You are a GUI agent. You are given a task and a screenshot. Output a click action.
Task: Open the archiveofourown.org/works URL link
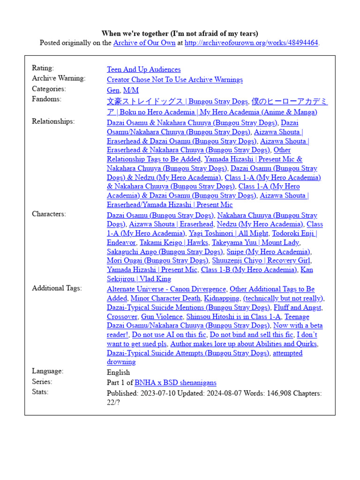click(252, 43)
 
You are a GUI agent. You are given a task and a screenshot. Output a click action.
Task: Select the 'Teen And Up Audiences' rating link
click(143, 69)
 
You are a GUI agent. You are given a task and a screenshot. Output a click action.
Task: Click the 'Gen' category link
click(113, 90)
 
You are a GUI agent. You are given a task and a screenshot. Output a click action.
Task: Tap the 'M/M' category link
click(131, 90)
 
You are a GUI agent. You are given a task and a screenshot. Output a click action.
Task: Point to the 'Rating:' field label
click(43, 68)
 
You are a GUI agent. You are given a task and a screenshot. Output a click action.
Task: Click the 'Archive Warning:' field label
click(59, 78)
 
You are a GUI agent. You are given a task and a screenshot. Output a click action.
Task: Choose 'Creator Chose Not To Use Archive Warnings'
click(174, 80)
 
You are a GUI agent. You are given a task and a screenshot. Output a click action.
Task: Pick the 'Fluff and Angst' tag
click(298, 307)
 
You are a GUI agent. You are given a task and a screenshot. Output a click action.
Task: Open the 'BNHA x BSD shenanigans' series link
click(175, 383)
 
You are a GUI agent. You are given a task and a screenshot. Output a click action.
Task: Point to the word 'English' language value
click(118, 372)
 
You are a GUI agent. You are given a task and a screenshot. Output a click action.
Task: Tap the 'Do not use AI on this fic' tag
click(169, 335)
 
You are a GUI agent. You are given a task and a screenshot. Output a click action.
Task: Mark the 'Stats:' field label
click(40, 392)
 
